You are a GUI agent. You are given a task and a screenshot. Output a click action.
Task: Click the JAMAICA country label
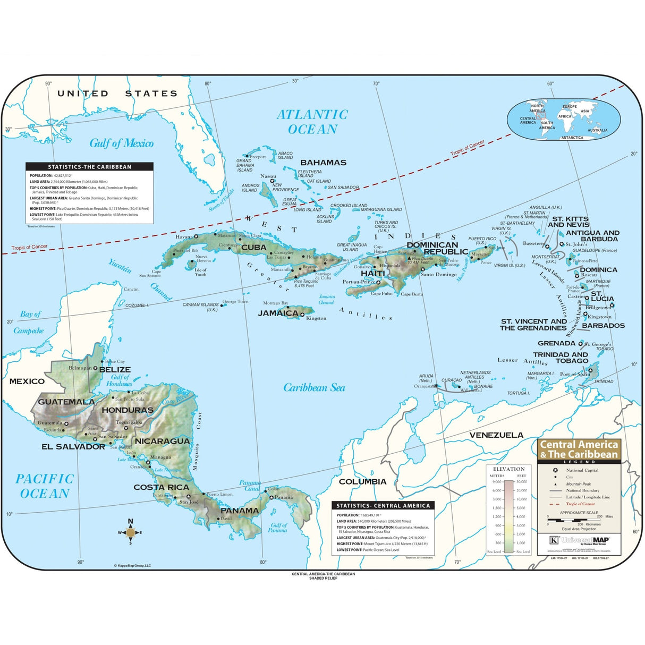point(278,313)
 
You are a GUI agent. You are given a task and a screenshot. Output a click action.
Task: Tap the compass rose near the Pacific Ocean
point(130,532)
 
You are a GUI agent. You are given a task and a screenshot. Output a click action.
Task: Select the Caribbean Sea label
point(314,388)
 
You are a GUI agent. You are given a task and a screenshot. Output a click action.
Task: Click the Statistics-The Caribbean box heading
point(89,167)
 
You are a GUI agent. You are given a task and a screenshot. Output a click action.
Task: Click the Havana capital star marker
point(196,236)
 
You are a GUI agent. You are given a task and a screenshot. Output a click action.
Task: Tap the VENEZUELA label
point(496,435)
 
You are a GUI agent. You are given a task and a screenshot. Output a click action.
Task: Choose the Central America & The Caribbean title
point(579,449)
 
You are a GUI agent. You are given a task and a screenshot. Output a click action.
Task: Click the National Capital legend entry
point(582,470)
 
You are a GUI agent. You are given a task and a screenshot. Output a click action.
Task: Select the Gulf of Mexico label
point(121,143)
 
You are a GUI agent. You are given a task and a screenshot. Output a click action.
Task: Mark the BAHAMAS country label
point(323,163)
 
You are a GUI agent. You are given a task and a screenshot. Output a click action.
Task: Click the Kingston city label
point(316,318)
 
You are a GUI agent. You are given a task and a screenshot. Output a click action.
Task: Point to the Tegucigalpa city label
point(129,422)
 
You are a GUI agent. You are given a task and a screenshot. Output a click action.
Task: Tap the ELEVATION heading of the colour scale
point(508,469)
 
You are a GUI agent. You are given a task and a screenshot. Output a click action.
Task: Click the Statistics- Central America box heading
point(383,506)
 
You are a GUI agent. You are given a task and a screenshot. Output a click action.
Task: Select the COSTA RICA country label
point(161,487)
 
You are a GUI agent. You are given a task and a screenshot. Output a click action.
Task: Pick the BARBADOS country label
point(604,326)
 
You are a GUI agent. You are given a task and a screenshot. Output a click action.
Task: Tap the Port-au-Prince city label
point(359,282)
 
